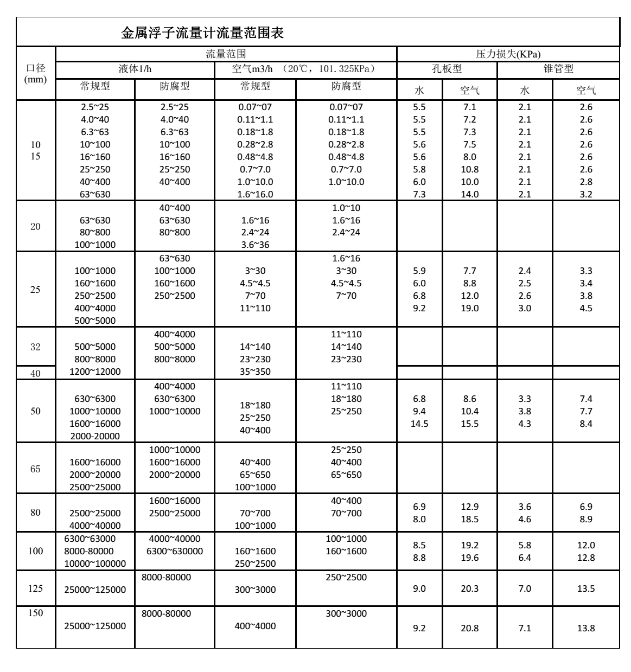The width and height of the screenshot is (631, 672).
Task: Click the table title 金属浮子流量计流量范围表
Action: [202, 33]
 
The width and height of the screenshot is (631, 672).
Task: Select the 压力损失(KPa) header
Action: [508, 54]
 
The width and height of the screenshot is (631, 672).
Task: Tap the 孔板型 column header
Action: [447, 69]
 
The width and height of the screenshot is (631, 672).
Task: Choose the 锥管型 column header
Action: [558, 69]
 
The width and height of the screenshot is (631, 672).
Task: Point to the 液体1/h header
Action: [135, 69]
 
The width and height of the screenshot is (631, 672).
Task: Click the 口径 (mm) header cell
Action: [36, 73]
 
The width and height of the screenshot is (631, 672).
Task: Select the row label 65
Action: [35, 469]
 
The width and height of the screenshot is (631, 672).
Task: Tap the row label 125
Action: [35, 588]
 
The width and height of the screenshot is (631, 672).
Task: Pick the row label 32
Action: [35, 347]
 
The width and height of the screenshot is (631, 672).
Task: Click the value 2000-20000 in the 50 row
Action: [95, 436]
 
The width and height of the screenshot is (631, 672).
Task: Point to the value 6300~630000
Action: [175, 551]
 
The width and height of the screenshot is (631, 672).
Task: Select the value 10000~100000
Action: [95, 564]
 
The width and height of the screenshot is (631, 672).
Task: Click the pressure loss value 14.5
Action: [419, 424]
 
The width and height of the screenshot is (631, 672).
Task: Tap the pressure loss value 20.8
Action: [470, 628]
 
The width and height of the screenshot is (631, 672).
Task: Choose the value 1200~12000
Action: [95, 372]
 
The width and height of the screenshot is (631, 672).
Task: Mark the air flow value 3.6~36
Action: [255, 245]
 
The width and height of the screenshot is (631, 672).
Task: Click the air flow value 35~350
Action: [255, 372]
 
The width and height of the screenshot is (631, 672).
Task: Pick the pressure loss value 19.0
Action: [470, 308]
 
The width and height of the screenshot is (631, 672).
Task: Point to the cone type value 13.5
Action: [586, 588]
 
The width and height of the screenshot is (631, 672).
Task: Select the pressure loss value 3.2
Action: [586, 194]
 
